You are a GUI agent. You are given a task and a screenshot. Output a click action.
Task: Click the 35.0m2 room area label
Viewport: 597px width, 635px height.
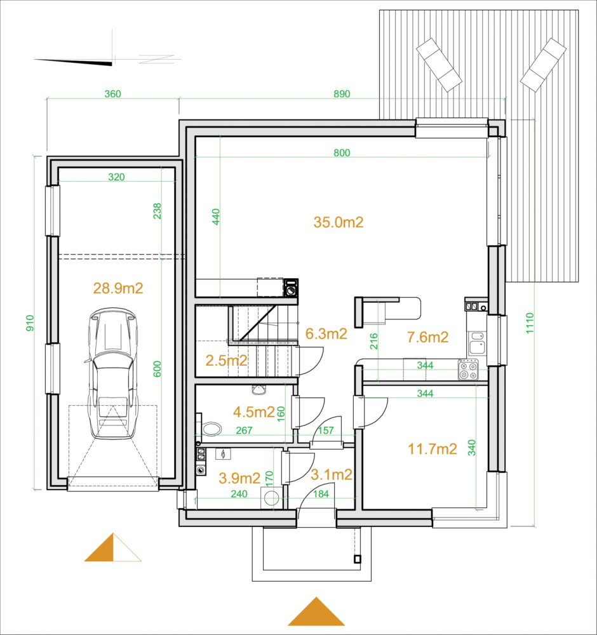point(338,222)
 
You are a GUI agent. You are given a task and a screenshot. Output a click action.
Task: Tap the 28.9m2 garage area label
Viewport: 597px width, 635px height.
point(118,288)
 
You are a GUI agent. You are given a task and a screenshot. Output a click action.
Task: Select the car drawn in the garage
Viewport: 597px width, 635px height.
point(112,373)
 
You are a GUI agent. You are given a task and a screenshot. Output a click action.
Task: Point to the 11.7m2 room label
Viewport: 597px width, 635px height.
point(432,449)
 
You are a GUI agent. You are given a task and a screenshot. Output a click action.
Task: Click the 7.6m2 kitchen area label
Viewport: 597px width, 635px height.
point(427,337)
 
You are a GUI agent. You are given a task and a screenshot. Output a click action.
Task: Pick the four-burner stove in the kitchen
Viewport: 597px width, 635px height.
point(468,370)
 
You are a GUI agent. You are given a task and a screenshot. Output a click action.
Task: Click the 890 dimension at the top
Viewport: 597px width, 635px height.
point(342,94)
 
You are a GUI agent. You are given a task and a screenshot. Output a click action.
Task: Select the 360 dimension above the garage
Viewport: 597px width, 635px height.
point(112,94)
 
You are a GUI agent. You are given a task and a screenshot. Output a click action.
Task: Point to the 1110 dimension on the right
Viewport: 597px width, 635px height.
point(530,323)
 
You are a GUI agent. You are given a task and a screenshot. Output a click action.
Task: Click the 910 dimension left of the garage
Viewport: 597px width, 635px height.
point(30,323)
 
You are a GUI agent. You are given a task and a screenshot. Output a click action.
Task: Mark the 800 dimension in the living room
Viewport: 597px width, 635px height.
point(342,152)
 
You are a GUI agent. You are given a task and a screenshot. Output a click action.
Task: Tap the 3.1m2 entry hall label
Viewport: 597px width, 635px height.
point(332,474)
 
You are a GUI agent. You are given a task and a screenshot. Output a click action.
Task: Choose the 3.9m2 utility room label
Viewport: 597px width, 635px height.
point(239,478)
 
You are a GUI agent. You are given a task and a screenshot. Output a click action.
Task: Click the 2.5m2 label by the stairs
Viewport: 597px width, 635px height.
point(226,360)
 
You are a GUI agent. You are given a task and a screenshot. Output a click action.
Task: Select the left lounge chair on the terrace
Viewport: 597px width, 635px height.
point(439,65)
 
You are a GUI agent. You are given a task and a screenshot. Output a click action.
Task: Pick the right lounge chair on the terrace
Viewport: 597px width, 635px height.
point(543,65)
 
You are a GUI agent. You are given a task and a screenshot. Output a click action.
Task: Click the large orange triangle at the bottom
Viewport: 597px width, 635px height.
point(316,612)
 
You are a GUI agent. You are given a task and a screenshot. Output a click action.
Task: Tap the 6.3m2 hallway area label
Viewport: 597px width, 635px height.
point(326,334)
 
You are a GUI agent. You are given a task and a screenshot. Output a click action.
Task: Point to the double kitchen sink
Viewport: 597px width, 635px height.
point(476,343)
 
